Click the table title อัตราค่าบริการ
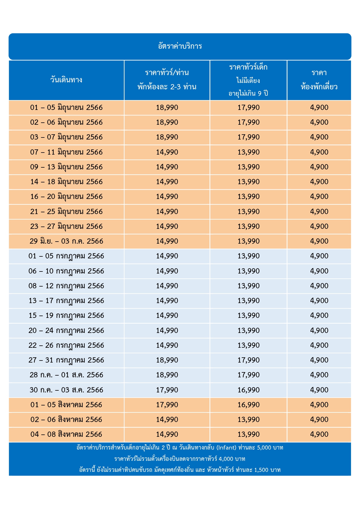180,46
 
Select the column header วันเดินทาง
66,80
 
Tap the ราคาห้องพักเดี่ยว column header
319,79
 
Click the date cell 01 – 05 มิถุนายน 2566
66,108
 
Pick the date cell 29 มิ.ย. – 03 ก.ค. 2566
66,241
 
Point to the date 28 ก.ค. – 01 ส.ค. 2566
66,375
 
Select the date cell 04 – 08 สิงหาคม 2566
66,434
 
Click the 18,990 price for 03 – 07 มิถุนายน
167,137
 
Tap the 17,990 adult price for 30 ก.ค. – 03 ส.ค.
167,390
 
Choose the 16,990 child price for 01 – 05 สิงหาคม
249,405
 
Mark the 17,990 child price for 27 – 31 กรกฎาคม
249,360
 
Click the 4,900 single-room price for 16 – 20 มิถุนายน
319,197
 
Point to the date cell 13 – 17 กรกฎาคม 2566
66,301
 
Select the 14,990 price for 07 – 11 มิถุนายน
167,152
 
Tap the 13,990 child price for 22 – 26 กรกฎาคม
249,345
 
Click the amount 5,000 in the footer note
264,448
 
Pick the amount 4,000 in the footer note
226,459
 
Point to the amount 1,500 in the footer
261,470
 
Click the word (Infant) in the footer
226,448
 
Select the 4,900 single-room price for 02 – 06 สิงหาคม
319,420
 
